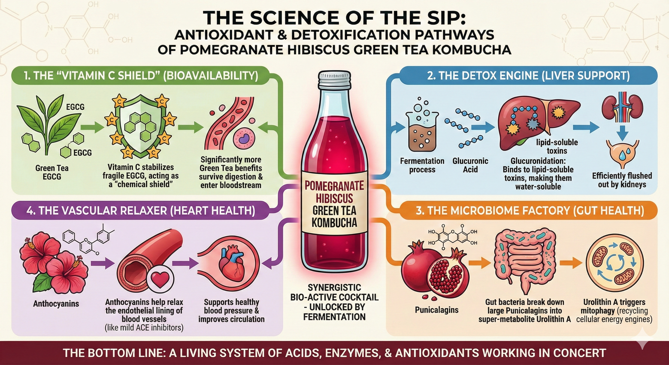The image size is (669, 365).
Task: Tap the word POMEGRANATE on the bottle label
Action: point(334,186)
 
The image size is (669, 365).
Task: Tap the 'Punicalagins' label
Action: point(436,310)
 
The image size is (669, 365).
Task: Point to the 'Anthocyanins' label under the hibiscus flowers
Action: point(56,304)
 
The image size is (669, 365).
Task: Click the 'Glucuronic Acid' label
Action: point(470,165)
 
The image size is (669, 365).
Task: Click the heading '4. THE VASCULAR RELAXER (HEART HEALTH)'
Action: point(140,211)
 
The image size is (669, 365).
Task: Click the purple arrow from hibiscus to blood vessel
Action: point(103,264)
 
